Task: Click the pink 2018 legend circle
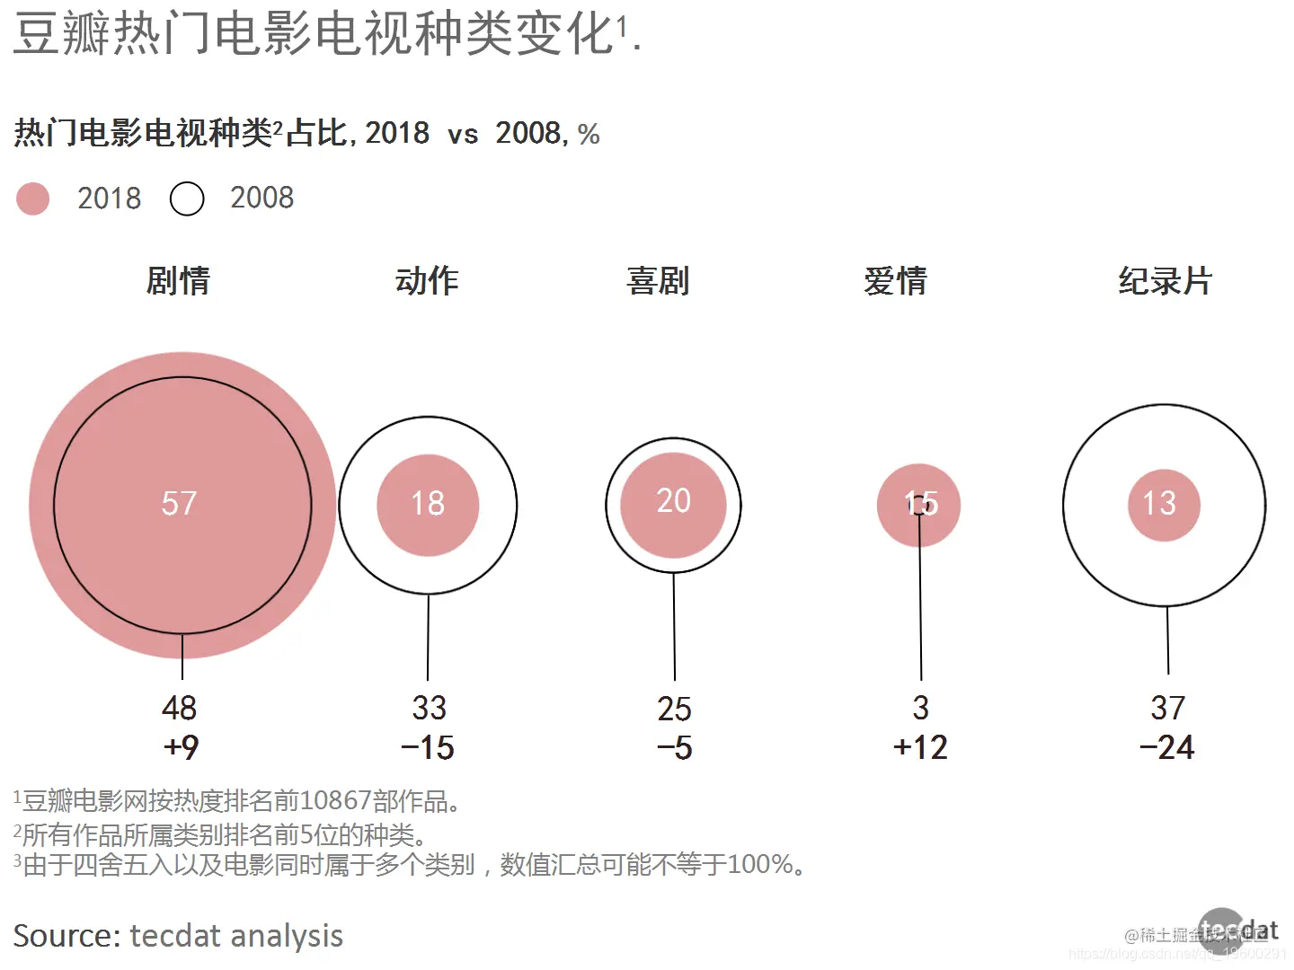(33, 198)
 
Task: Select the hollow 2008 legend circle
(187, 198)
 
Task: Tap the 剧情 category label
(178, 281)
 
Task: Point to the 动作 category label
(427, 281)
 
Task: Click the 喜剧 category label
(658, 281)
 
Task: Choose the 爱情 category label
(895, 281)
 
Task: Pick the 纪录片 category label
(1165, 281)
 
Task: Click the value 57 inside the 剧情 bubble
(179, 503)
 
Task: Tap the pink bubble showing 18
(428, 504)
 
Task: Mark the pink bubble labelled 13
(1164, 505)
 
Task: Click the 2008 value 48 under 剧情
(179, 708)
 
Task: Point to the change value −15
(428, 747)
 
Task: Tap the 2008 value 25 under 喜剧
(674, 709)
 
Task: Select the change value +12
(920, 747)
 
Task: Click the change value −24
(1166, 747)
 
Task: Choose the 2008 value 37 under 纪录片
(1167, 708)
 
